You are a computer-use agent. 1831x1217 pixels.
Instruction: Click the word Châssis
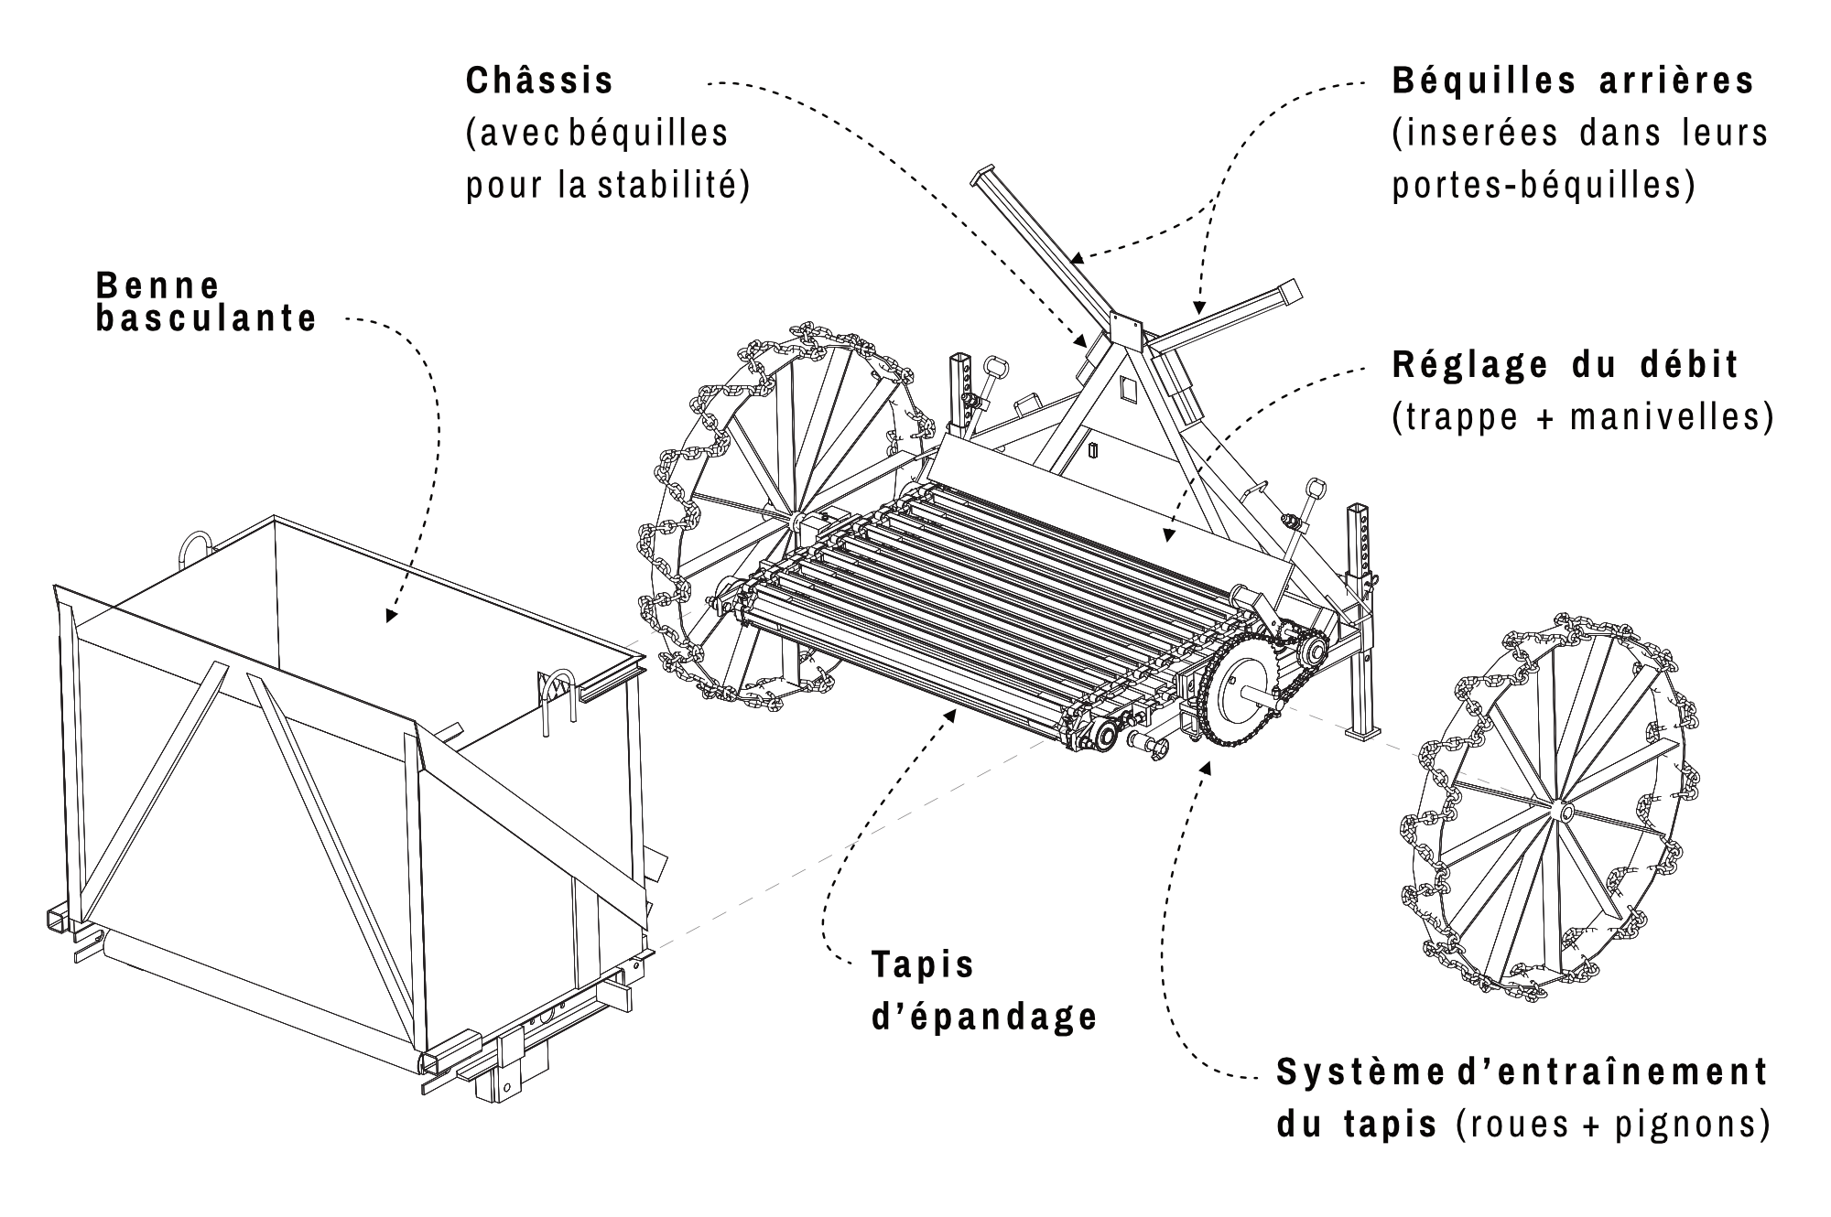coord(539,81)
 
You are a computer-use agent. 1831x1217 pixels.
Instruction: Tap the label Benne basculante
coord(206,302)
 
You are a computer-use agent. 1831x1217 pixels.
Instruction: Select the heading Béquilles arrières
coord(1573,81)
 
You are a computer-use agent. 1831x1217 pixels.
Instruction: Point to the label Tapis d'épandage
coord(983,990)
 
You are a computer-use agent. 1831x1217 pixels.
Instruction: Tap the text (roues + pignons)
coord(1612,1125)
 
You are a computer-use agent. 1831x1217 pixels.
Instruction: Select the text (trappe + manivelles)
coord(1583,418)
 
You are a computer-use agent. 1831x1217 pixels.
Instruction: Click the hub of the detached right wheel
coord(1563,811)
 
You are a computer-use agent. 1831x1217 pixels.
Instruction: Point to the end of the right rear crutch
coord(1291,292)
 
